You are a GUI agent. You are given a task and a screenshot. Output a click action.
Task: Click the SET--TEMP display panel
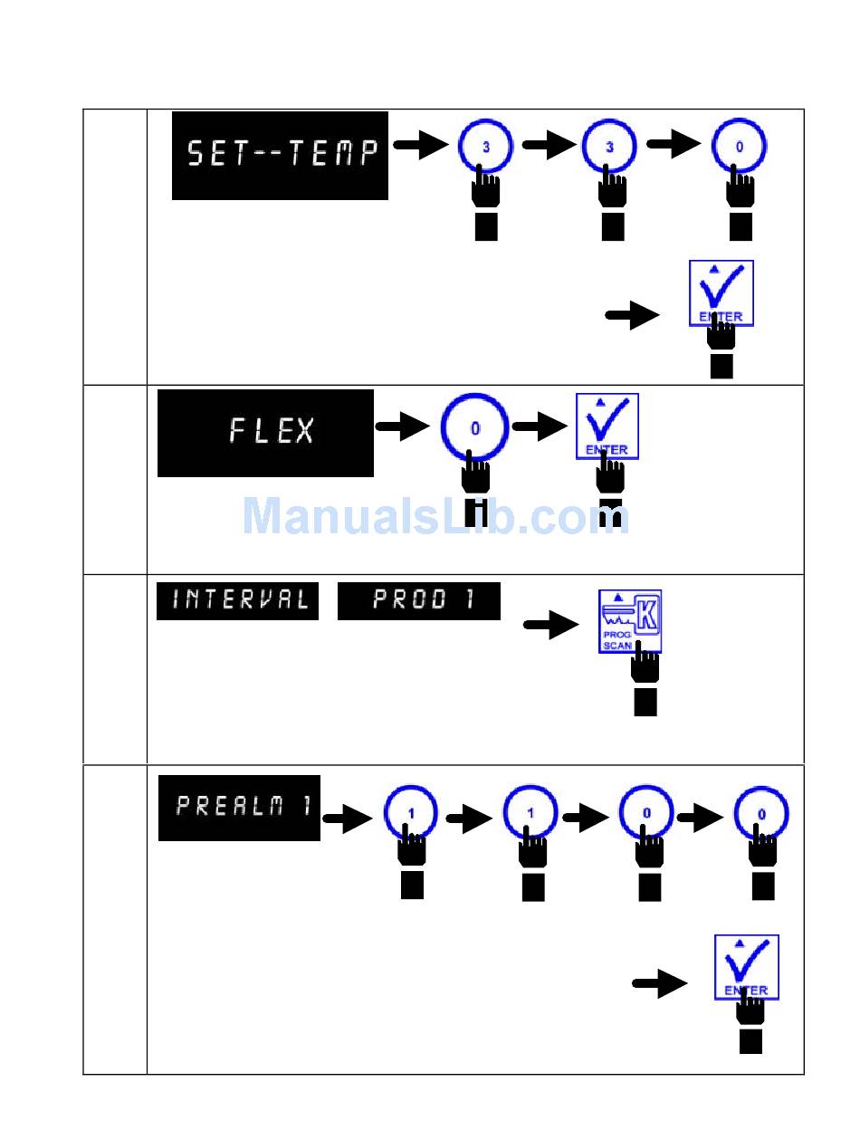[x=280, y=155]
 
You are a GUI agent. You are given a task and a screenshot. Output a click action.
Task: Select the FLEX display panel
[x=265, y=433]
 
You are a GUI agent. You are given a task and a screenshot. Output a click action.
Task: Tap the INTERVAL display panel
[x=237, y=601]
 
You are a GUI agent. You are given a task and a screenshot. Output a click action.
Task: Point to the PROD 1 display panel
[x=418, y=601]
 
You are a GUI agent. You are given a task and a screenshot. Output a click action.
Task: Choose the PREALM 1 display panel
[x=239, y=808]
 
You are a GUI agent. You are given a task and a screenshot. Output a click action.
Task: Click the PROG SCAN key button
[x=630, y=621]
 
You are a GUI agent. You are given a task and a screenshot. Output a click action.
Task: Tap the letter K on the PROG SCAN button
[x=648, y=610]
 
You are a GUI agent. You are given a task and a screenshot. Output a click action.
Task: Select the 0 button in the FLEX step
[x=474, y=428]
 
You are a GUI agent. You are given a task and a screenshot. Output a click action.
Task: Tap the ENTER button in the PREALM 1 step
[x=746, y=966]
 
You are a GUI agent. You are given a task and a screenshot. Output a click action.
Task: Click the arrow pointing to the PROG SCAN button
[x=550, y=625]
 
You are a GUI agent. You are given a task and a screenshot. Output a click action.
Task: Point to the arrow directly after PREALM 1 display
[x=347, y=820]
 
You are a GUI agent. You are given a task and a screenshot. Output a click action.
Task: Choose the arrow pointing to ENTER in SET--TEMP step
[x=632, y=317]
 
